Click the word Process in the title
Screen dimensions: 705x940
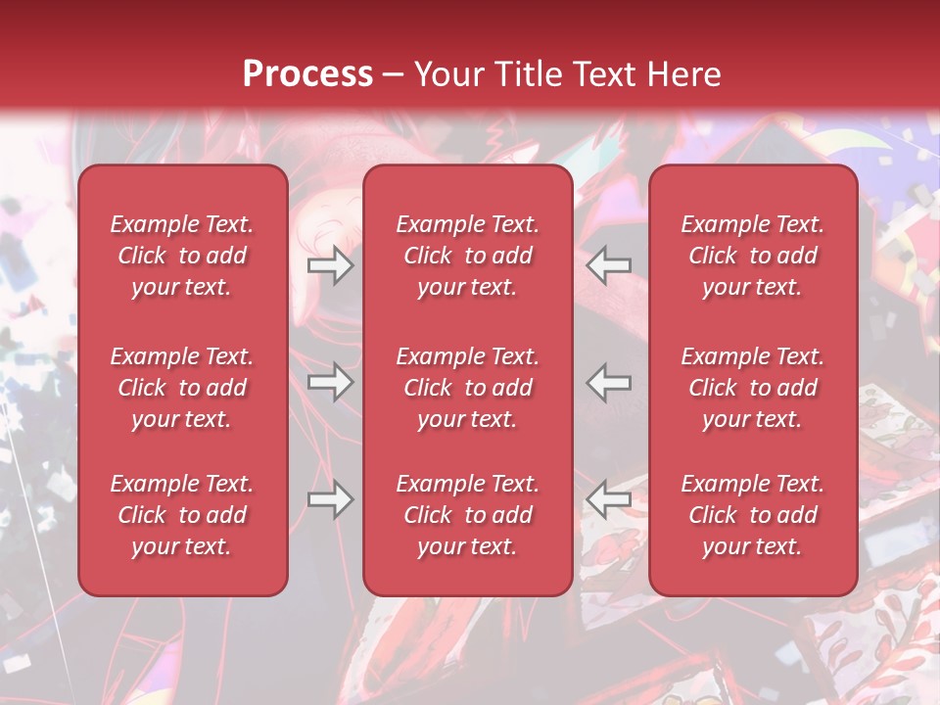point(307,73)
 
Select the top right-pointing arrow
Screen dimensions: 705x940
point(330,265)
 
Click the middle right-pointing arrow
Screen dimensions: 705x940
point(330,382)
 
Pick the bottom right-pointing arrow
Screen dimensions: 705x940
point(330,500)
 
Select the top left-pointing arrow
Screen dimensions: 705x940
point(609,265)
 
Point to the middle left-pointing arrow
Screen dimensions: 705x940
point(609,382)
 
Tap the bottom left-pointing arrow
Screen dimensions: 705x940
point(609,500)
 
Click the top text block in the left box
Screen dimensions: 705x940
point(182,256)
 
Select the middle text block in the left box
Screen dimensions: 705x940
point(182,388)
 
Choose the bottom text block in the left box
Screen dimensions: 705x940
point(182,515)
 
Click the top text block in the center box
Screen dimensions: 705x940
point(467,256)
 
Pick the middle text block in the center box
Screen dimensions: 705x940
point(467,388)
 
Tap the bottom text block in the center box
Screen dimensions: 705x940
point(467,515)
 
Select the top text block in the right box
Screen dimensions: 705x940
point(752,256)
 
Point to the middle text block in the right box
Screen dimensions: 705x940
point(752,388)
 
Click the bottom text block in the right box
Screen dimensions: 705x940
point(752,515)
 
